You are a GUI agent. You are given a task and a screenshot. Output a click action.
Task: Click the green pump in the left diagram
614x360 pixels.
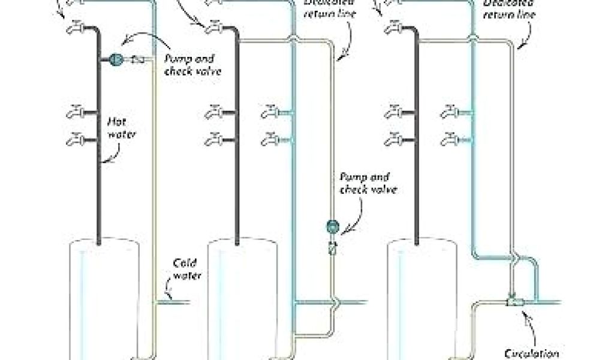[x=116, y=59]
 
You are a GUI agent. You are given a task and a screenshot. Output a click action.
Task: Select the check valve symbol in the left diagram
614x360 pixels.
[x=137, y=59]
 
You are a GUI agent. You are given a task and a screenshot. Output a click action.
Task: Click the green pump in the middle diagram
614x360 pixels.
[x=332, y=227]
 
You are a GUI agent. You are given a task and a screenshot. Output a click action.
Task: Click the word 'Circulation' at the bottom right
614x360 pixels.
[x=537, y=354]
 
